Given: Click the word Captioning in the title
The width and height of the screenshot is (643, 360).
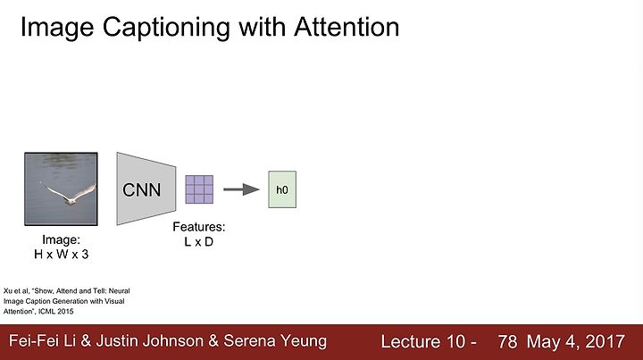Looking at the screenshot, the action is pos(166,28).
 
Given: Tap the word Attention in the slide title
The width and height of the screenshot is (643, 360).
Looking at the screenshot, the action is pos(347,27).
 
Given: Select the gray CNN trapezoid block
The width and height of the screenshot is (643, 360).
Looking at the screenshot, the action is pos(146,189).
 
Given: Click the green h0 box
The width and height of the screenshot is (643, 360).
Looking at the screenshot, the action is pos(282,189).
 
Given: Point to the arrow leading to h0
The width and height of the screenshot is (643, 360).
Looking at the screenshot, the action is pos(241,189).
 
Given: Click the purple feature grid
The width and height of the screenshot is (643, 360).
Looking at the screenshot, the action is pos(199,189).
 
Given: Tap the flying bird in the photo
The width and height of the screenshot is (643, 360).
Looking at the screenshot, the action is pos(71,195).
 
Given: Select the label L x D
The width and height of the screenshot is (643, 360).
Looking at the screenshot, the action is pos(199,242).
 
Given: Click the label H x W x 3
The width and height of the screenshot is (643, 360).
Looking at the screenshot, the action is pos(61,255).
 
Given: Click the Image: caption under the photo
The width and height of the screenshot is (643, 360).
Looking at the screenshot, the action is pos(61,240).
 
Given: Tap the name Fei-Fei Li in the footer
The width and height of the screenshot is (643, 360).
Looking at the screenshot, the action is pos(43,341).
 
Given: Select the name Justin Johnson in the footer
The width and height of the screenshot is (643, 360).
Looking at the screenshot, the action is pos(150,341).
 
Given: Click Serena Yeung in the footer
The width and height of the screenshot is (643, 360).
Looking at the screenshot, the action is pos(275,341).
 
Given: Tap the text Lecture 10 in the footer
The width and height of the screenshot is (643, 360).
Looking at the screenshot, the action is pos(422,341).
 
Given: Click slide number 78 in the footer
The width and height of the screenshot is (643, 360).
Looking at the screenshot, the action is pos(507,341).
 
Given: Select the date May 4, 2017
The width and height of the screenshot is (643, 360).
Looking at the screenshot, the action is pos(576,341).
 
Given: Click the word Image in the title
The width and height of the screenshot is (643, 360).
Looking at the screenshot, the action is pos(57,28).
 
